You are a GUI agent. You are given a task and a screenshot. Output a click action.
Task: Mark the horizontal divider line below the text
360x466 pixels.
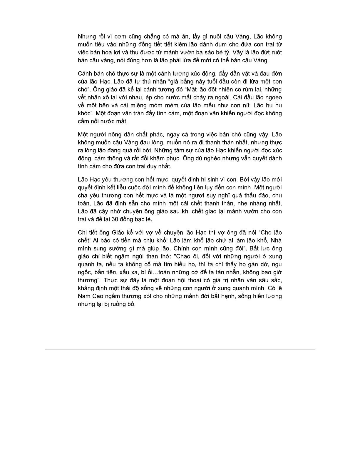[x=180, y=350]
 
